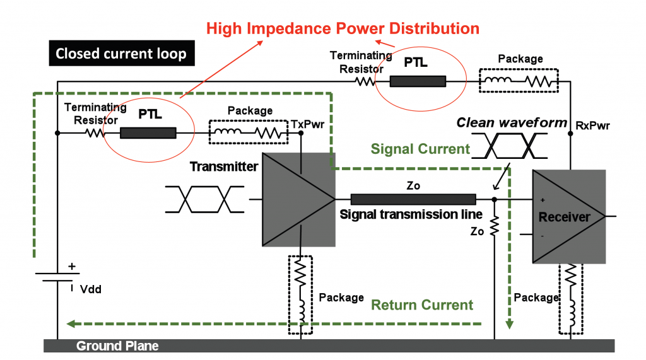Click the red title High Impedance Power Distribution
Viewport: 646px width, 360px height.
[x=343, y=28]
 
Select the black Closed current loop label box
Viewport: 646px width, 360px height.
[x=121, y=54]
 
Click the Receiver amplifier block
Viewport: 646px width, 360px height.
[x=565, y=216]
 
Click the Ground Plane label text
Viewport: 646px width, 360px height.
[x=117, y=346]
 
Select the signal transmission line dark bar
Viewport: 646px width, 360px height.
[x=413, y=199]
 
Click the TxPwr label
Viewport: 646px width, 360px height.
[x=307, y=124]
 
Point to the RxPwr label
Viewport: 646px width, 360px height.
[x=592, y=125]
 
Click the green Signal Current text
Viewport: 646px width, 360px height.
[x=420, y=149]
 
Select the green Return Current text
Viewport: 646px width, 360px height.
[x=421, y=305]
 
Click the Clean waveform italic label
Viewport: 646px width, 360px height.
[x=512, y=122]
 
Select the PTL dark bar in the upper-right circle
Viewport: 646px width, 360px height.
[x=417, y=81]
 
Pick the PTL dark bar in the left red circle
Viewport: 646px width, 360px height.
[x=148, y=133]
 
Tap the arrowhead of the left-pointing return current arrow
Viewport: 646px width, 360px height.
[x=71, y=324]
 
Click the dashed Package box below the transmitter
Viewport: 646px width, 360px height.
[x=301, y=294]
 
